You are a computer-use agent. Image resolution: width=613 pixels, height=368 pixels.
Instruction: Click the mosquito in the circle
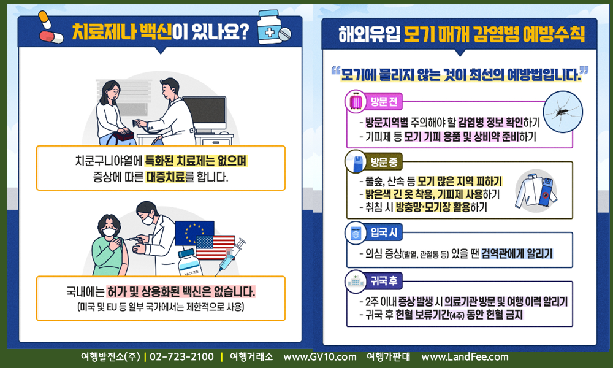[x=563, y=112]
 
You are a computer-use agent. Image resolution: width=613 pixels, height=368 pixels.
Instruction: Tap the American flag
[x=215, y=248]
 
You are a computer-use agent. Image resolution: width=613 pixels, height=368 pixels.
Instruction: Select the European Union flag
[x=194, y=233]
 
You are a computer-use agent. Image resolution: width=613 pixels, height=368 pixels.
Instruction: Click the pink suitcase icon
[x=356, y=101]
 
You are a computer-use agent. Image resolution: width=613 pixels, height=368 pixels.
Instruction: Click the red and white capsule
[x=51, y=37]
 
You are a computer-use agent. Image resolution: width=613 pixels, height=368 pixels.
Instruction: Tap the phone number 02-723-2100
[x=182, y=357]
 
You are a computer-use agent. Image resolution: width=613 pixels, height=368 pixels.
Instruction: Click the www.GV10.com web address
[x=320, y=357]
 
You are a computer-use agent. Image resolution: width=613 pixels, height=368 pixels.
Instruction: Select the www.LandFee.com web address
[x=465, y=357]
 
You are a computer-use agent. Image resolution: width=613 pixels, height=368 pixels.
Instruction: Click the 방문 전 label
[x=384, y=102]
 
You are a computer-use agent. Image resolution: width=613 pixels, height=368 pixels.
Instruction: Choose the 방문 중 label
[x=384, y=162]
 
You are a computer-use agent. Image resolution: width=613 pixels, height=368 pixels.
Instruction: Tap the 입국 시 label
[x=384, y=232]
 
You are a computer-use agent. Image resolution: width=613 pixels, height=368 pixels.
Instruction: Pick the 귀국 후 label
[x=384, y=280]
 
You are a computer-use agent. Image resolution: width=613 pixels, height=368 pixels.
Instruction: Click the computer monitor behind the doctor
[x=204, y=113]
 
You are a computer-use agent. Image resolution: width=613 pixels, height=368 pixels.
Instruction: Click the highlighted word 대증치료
[x=166, y=177]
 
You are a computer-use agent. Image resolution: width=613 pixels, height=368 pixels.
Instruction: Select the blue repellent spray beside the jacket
[x=547, y=191]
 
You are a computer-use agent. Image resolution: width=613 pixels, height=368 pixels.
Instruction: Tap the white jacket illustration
[x=527, y=191]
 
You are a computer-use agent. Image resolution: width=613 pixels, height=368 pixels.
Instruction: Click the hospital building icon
[x=356, y=281]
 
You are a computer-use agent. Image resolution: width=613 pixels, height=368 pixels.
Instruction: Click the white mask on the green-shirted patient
[x=109, y=232]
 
